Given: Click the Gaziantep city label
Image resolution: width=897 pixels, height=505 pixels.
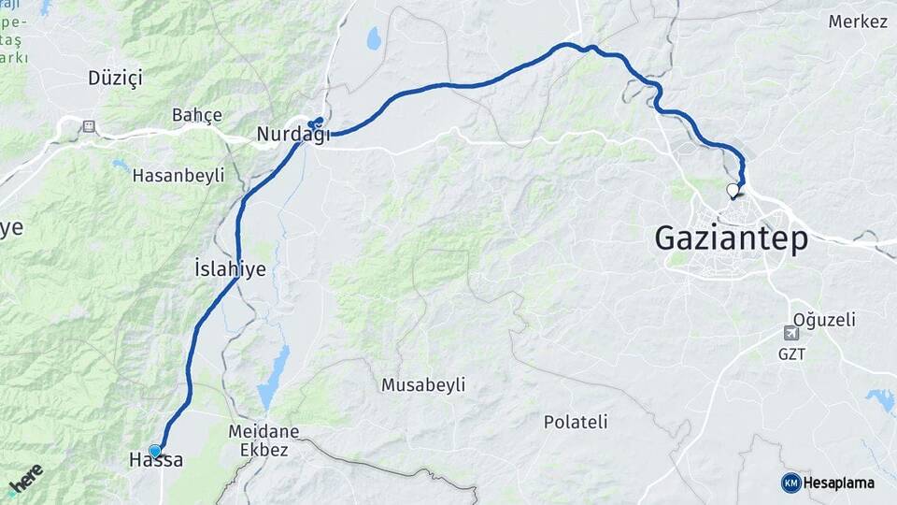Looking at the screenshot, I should coord(731,238).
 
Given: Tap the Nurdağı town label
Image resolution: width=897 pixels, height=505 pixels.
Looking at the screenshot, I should coord(293,137).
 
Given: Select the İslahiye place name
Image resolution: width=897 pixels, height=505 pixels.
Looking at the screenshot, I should coord(230,269).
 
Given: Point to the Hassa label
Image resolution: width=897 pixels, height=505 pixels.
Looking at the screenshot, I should coord(156,460).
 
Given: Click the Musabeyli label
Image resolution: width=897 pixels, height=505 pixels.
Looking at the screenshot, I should coord(423,384).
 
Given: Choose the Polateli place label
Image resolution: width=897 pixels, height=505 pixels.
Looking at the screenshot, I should coord(576,422).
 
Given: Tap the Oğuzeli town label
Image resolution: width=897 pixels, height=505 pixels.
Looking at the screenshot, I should coord(823,320).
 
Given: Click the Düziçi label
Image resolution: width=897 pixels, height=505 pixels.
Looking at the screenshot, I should coord(115,78).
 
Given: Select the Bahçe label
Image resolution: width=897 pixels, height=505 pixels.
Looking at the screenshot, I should coord(197,115).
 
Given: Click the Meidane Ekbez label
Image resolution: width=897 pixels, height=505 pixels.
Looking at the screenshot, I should coord(263,440).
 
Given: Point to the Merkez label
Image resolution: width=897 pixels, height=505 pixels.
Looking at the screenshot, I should coord(858,22).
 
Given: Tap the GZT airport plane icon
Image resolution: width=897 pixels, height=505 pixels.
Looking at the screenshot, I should coord(791,334).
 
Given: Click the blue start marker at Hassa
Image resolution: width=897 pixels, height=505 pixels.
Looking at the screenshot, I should coord(155,451).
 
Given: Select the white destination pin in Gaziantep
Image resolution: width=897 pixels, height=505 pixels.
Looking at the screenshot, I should coord(733,191).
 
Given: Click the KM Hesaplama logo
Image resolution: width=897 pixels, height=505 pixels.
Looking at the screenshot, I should coord(828,483).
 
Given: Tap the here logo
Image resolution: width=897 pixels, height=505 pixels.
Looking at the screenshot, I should coord(25,479).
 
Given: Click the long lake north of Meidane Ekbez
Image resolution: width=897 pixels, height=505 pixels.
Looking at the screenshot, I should coord(274,374).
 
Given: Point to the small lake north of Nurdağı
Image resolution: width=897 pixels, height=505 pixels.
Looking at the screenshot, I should coord(374,38).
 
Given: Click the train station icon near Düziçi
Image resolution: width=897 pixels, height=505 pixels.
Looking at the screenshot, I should coord(89,125).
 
